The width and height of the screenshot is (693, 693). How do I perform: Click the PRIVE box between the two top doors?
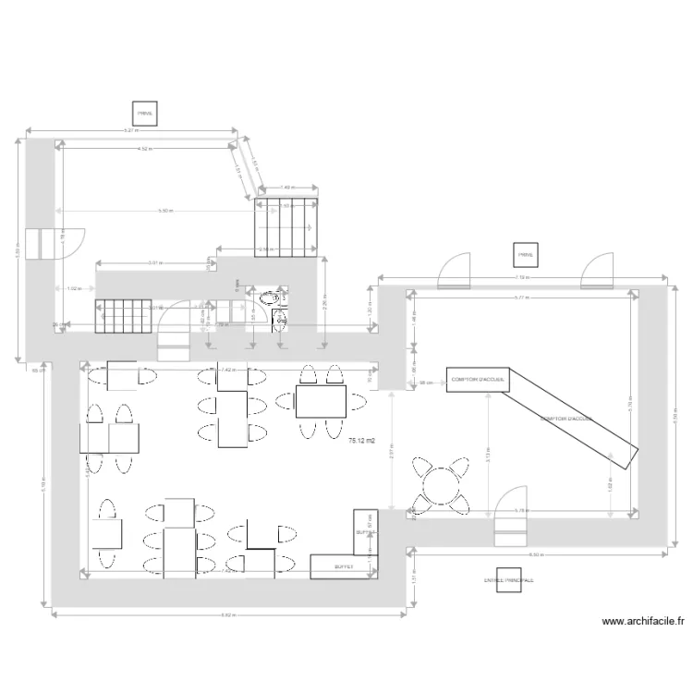coord(525,254)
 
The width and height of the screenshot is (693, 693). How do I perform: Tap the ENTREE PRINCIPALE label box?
coord(508,579)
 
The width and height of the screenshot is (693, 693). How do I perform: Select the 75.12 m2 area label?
coord(361,442)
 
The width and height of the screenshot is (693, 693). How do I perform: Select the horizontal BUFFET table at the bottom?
coord(344,566)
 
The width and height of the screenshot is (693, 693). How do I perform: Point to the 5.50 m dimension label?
coord(164,211)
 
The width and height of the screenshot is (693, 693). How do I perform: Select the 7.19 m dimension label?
coord(521,276)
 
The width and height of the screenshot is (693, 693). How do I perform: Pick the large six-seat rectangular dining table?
coord(321,402)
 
